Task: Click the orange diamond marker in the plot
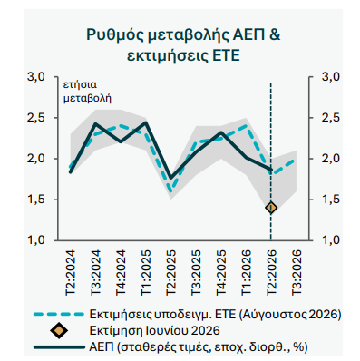271,208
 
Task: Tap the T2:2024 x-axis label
70,272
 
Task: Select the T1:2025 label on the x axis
145,272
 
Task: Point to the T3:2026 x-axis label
297,272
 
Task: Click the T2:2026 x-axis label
271,272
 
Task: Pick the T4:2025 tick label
221,272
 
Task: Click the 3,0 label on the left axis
36,77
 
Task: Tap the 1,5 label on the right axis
331,200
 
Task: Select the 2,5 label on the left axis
36,117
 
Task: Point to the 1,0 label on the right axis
331,240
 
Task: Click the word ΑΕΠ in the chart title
248,34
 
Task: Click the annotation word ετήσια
80,85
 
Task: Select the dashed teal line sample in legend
58,314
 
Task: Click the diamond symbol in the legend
59,330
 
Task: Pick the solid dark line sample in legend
59,347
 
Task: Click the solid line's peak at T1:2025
146,122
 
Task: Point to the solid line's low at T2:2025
170,178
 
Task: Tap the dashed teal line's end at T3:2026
295,161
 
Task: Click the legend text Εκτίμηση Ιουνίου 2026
155,330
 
